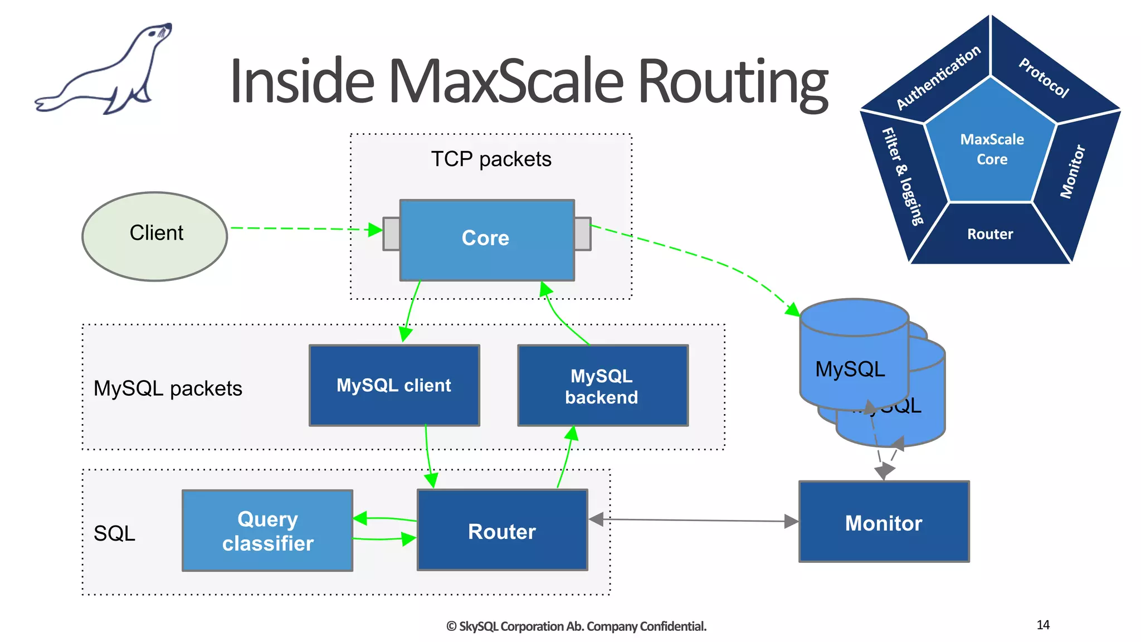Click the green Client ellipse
155,236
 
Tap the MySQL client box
394,385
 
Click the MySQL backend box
602,386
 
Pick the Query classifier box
267,531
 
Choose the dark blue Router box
502,531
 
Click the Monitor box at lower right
884,522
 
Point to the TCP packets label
491,159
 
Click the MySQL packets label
168,388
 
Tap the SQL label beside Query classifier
114,533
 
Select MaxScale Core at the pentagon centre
992,149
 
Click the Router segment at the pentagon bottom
990,234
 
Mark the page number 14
1043,625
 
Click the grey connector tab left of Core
391,234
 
